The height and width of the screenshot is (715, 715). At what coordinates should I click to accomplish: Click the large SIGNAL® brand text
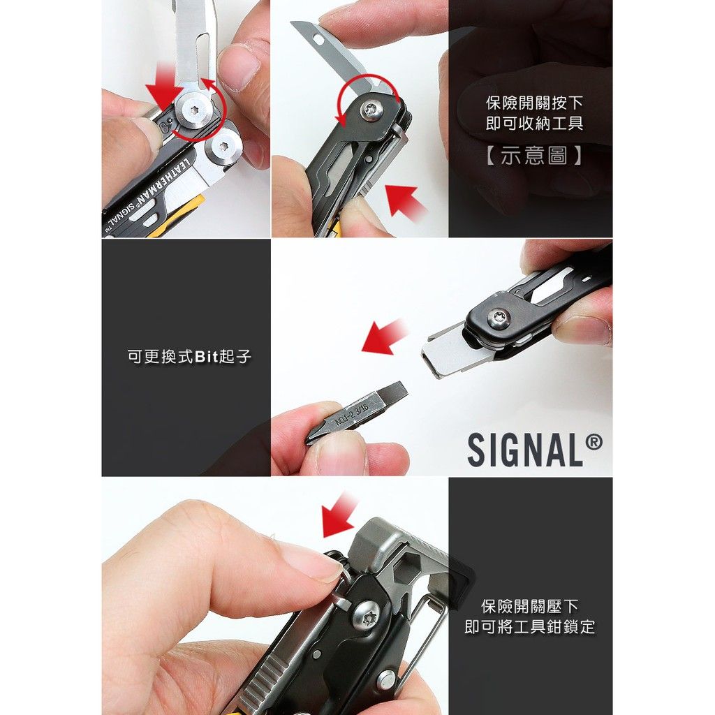coord(534,450)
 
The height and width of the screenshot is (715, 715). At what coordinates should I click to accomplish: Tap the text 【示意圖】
coord(533,156)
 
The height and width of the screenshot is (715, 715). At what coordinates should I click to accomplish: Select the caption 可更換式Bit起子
coord(189,356)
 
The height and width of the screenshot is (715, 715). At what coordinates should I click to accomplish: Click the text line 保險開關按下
coord(534,103)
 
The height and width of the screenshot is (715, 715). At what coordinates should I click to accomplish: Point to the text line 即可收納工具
coord(534,123)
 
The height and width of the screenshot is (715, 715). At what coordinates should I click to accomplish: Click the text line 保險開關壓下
coord(530,607)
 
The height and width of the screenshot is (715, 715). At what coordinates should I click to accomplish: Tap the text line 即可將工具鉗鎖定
coord(530,626)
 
